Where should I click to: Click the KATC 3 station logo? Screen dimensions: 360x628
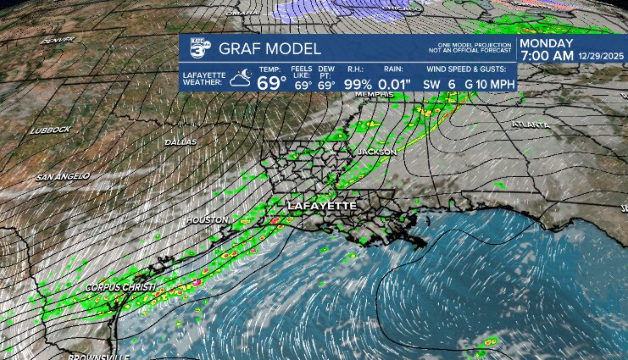(x=197, y=50)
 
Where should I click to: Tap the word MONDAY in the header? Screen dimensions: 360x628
(x=547, y=44)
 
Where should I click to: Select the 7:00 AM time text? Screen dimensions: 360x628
(x=550, y=57)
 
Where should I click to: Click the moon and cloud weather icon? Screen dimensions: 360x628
(x=240, y=79)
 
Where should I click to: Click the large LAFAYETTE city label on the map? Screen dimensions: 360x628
(x=322, y=206)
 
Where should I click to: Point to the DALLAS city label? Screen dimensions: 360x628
(x=181, y=141)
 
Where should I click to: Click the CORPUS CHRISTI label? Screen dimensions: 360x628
(x=119, y=288)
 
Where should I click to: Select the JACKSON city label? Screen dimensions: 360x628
(x=376, y=152)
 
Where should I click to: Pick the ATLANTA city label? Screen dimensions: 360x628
(x=531, y=125)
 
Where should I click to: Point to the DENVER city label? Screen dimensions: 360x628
(x=58, y=40)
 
